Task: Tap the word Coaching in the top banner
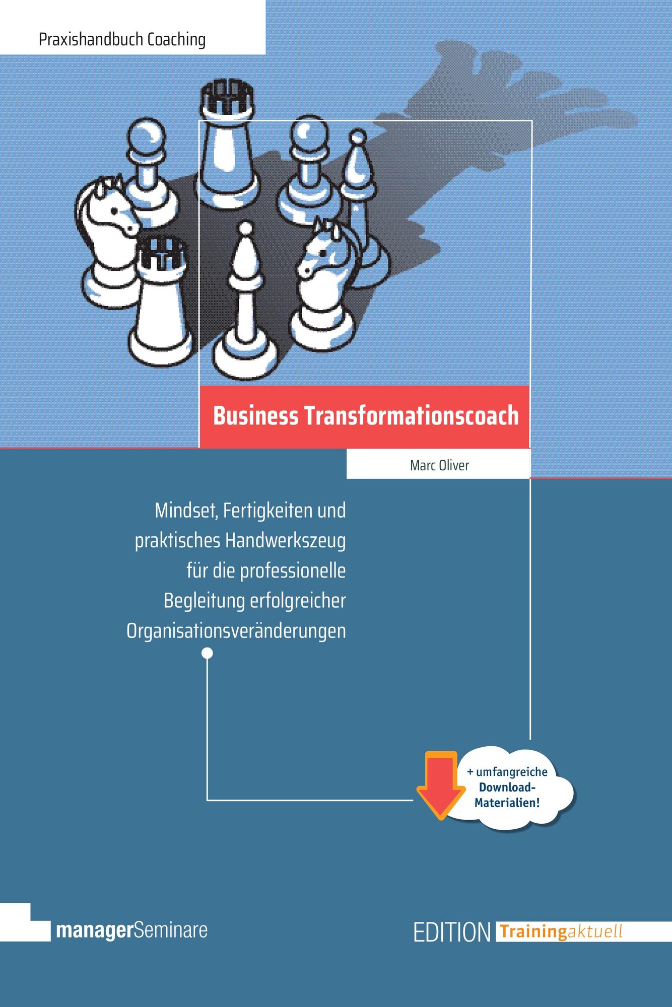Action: coord(176,39)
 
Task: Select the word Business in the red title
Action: coord(255,416)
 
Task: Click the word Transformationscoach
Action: coord(411,416)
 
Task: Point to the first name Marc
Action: coord(422,465)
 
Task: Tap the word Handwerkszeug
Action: coord(285,541)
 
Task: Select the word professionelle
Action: coord(293,571)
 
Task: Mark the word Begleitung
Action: coord(204,601)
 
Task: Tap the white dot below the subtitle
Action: coord(207,654)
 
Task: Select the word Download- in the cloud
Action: coord(507,787)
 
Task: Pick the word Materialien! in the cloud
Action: coord(507,803)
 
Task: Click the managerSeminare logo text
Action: coord(132,930)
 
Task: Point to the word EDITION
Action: coord(452,932)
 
